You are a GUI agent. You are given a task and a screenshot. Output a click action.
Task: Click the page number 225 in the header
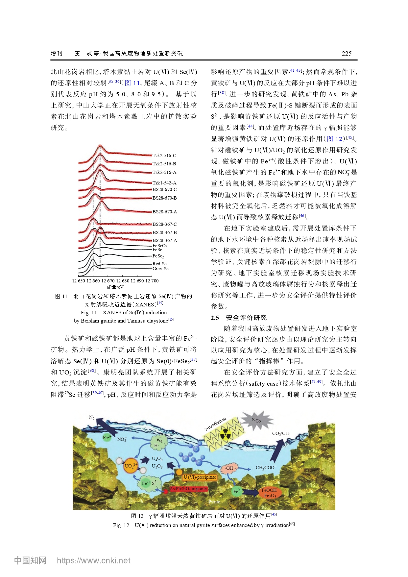coord(347,54)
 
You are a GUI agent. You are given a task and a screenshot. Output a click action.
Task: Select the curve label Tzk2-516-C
coord(164,156)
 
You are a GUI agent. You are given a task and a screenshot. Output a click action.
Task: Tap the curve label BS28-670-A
coord(165,212)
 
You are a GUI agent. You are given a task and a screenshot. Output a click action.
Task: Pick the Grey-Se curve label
coord(160,269)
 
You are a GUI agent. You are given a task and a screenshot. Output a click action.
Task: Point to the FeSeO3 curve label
coord(160,246)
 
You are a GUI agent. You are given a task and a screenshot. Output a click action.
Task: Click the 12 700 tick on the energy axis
coord(152,281)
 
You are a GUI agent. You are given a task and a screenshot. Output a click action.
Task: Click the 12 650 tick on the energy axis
coord(79,281)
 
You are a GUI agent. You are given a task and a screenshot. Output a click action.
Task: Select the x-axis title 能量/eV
coord(115,287)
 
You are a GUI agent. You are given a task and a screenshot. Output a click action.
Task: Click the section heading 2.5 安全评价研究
coord(239,318)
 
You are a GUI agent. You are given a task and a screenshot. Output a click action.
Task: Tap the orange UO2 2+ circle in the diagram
coord(131,466)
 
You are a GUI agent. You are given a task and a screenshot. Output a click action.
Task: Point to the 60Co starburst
coord(257,421)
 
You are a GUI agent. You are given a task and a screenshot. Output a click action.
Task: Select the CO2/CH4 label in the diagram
coord(281,433)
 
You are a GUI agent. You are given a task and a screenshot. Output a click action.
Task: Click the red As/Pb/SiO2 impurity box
coord(188,489)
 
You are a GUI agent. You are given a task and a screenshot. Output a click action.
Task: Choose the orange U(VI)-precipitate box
coord(200,477)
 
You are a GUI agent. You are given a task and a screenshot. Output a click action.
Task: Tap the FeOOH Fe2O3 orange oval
coord(269,493)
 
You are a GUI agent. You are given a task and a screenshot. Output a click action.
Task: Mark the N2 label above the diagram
coord(92,418)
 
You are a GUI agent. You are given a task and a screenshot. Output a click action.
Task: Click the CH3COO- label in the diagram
coord(266,468)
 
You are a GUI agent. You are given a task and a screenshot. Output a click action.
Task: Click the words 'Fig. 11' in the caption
coord(89,312)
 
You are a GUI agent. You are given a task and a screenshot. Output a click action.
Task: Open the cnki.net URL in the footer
coord(93,560)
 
